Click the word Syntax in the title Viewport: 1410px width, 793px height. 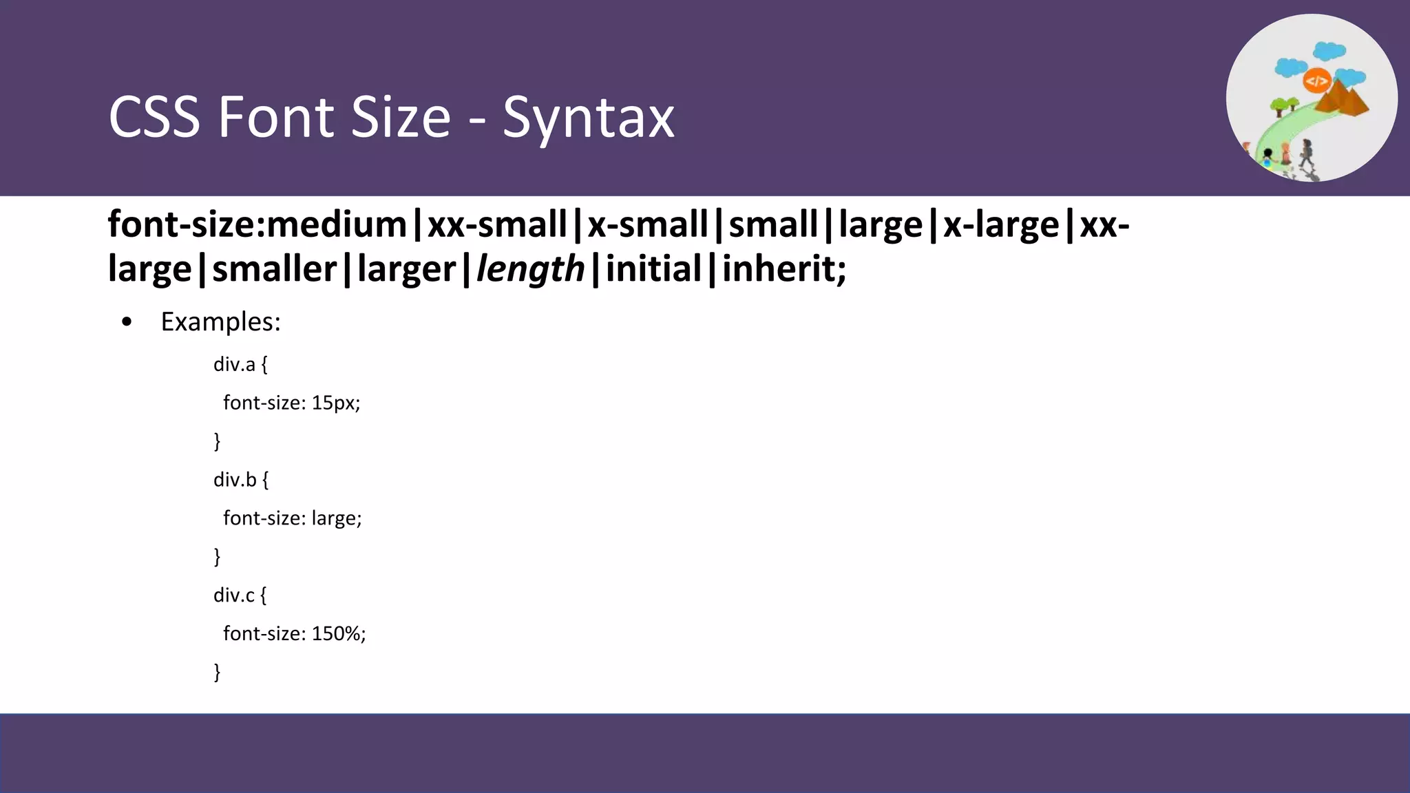pyautogui.click(x=589, y=118)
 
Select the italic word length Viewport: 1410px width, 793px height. pyautogui.click(x=530, y=268)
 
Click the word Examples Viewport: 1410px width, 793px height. pyautogui.click(x=220, y=322)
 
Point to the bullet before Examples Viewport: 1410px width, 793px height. pyautogui.click(x=126, y=322)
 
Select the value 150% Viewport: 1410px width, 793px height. pyautogui.click(x=337, y=633)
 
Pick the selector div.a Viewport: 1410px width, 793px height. pyautogui.click(x=234, y=364)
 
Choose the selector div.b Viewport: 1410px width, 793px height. pyautogui.click(x=235, y=480)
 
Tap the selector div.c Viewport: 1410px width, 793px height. pyautogui.click(x=234, y=595)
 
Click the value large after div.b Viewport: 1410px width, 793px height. pyautogui.click(x=335, y=518)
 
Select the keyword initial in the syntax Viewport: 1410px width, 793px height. pyautogui.click(x=653, y=268)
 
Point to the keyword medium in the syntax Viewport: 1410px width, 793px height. pyautogui.click(x=337, y=224)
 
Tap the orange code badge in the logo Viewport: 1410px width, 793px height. pyautogui.click(x=1316, y=81)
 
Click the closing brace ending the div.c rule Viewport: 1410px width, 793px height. pyautogui.click(x=218, y=671)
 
